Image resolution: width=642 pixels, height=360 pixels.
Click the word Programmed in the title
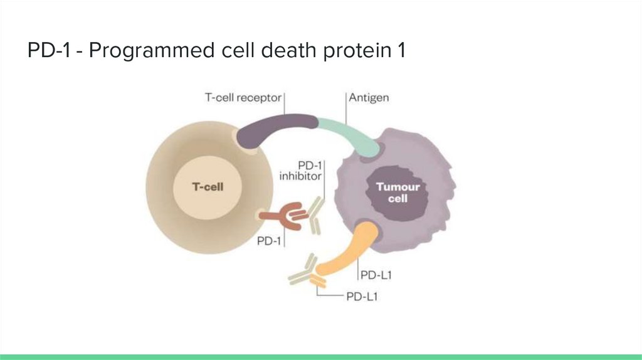click(x=152, y=51)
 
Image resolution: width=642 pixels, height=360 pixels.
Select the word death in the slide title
click(x=288, y=50)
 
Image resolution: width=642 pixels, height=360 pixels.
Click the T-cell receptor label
click(x=243, y=97)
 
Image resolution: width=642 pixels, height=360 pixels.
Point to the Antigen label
click(x=369, y=97)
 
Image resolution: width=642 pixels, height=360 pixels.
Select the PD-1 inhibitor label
click(x=300, y=171)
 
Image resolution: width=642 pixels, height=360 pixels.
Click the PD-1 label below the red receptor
click(x=269, y=241)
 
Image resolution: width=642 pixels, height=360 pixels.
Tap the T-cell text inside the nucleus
click(x=208, y=187)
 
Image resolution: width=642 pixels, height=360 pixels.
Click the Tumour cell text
click(x=398, y=193)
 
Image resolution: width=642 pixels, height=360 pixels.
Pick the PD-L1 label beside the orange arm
click(x=376, y=275)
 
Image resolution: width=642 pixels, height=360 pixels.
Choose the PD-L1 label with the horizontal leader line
click(x=362, y=297)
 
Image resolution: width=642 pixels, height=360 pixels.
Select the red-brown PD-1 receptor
click(x=283, y=215)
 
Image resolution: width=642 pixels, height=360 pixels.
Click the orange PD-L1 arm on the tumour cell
click(x=348, y=251)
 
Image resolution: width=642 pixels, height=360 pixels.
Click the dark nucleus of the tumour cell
click(x=397, y=193)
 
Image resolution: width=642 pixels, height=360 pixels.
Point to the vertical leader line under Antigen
click(x=346, y=109)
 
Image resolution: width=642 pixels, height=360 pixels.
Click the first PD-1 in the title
click(x=49, y=51)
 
